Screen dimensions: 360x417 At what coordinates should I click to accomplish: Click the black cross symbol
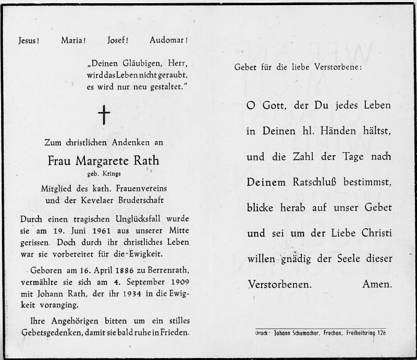coord(104,115)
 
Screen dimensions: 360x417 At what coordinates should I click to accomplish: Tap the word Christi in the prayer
coord(374,233)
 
